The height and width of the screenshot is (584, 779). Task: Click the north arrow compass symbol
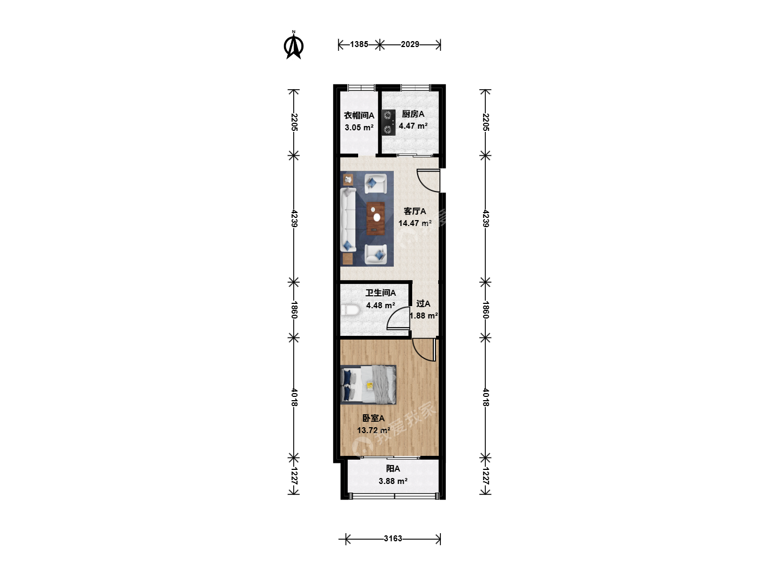(294, 45)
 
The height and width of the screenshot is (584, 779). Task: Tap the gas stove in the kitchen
(388, 122)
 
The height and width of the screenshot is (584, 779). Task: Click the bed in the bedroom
(368, 384)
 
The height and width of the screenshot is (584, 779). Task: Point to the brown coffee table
(376, 218)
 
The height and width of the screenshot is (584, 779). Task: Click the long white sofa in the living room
(348, 220)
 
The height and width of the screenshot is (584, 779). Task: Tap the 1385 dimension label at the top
(359, 44)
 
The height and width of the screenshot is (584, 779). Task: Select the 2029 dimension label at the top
(410, 44)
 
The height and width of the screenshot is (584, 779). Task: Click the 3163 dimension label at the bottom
(393, 539)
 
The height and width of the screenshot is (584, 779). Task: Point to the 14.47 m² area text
(415, 223)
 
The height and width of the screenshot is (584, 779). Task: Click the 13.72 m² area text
(374, 430)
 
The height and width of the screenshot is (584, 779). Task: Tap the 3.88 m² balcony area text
(393, 481)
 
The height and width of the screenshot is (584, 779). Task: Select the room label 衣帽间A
(359, 115)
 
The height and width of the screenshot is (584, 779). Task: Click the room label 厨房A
(413, 114)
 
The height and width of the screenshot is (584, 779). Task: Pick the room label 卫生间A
(380, 293)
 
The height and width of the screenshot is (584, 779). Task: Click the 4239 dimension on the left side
(294, 218)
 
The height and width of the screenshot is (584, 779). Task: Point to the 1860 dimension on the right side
(486, 309)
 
